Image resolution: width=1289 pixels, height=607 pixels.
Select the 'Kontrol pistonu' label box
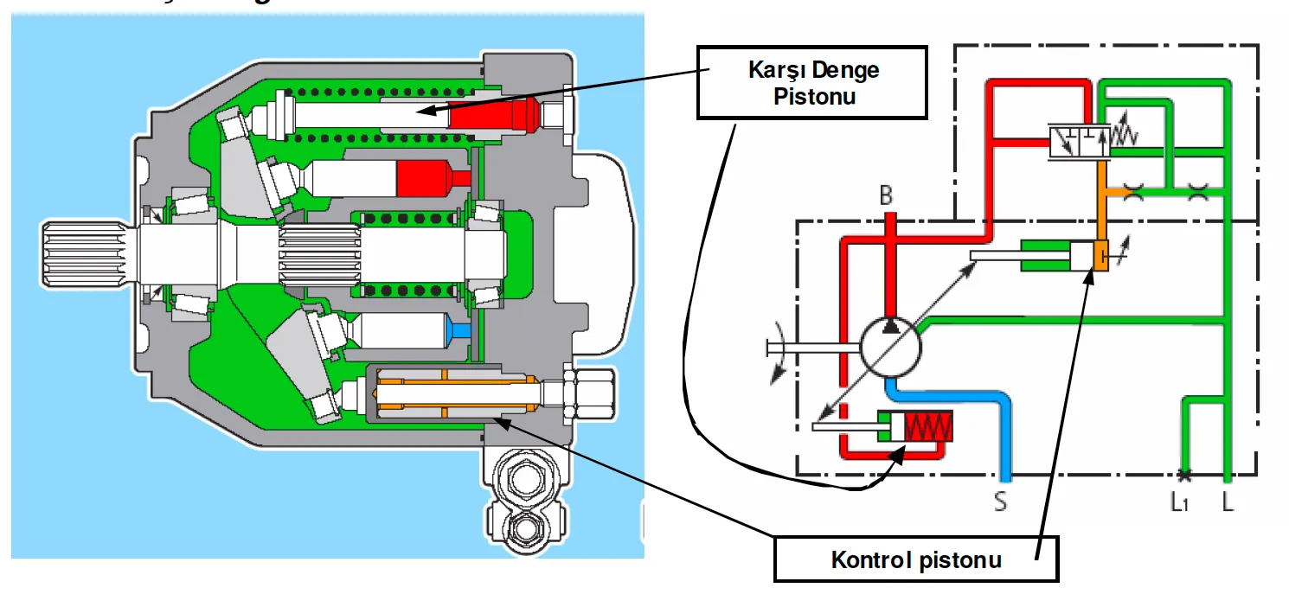click(915, 559)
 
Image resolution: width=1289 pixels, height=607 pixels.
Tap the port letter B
click(886, 196)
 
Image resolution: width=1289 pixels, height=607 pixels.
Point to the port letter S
click(1001, 501)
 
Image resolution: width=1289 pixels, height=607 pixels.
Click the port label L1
click(1182, 502)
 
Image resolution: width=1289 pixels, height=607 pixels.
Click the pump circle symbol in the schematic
click(891, 347)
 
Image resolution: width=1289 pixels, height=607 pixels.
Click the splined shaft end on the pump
click(83, 252)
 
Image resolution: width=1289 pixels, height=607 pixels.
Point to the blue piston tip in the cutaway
click(461, 330)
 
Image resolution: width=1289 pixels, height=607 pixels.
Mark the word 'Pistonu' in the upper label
click(813, 96)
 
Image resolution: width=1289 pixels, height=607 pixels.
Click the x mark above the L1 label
click(1182, 475)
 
